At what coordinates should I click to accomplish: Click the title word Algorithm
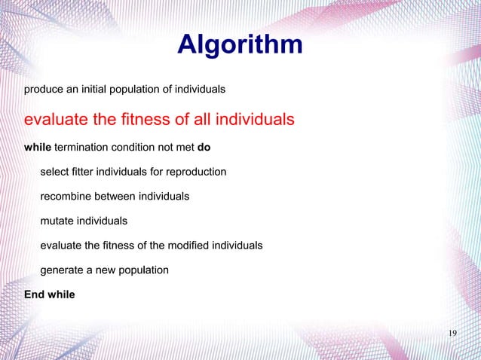pos(240,44)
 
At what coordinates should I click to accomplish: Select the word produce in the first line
pos(43,90)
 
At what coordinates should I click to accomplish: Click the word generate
pos(63,270)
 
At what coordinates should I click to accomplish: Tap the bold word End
pos(35,294)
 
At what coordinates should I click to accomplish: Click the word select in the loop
pos(54,172)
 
